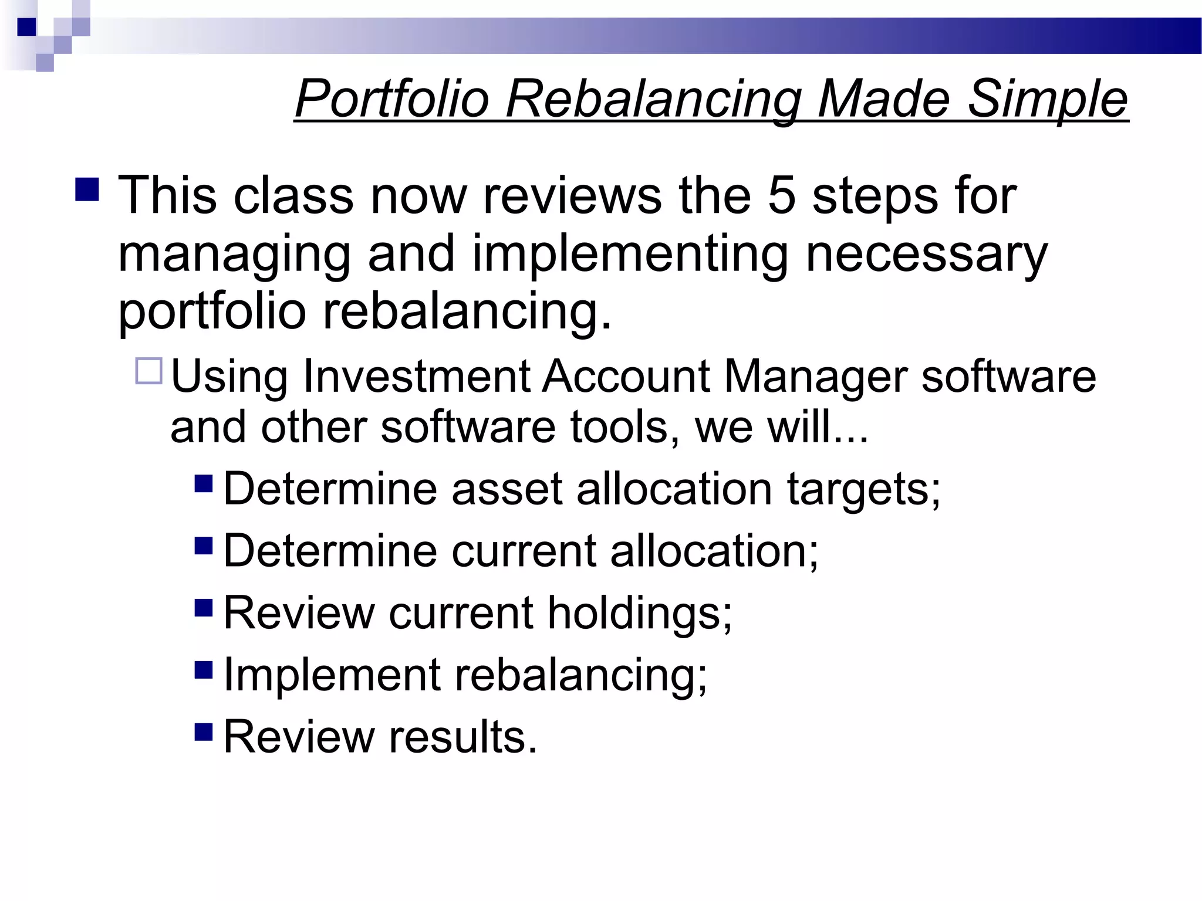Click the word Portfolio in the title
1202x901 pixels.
(392, 99)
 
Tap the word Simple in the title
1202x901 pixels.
(1047, 99)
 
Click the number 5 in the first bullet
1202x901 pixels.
(781, 196)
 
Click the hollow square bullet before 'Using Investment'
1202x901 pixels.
(148, 371)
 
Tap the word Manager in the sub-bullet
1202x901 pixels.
(816, 376)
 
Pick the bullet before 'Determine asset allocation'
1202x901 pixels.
(203, 484)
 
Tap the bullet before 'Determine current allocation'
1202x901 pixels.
(203, 546)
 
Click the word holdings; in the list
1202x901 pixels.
(640, 613)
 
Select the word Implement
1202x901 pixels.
(332, 675)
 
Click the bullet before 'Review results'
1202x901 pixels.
(203, 731)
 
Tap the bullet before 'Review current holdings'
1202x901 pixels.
(203, 608)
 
